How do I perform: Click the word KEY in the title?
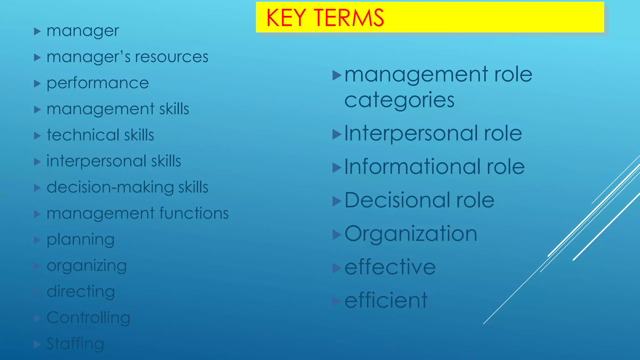(x=286, y=18)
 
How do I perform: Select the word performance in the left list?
(x=97, y=83)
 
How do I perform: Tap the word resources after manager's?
(x=171, y=57)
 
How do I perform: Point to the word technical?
(x=83, y=135)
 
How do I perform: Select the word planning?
(x=80, y=240)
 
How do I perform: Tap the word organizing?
(x=87, y=266)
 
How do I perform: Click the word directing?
(x=81, y=292)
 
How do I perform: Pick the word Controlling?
(x=88, y=317)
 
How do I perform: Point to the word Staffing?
(x=75, y=344)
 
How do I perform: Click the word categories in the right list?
(x=399, y=100)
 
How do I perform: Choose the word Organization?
(x=411, y=234)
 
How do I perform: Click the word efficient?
(x=386, y=300)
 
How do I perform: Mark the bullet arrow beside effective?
(x=337, y=268)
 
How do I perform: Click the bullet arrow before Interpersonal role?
(x=337, y=134)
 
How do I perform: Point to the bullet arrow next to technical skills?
(x=37, y=136)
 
